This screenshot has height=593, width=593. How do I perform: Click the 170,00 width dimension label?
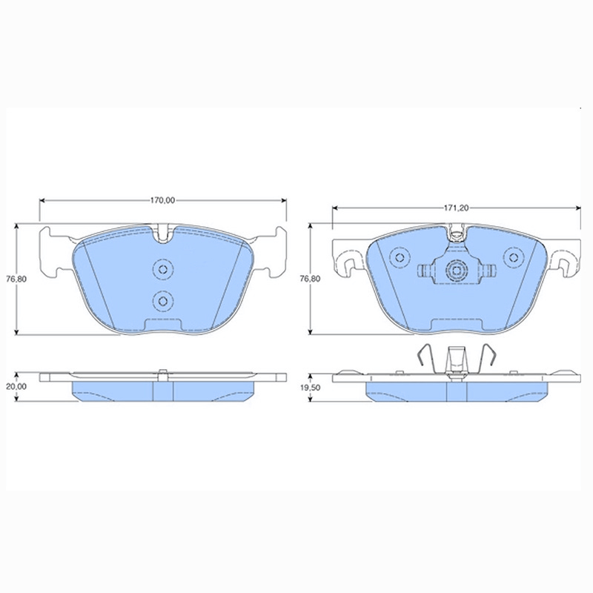[162, 200]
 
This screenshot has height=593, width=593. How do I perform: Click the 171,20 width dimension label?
[457, 208]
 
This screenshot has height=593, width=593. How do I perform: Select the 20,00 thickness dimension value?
[17, 386]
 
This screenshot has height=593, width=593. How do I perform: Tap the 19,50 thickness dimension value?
[310, 388]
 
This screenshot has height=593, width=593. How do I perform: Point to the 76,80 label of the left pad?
[16, 279]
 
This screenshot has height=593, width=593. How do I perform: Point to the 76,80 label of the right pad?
[310, 279]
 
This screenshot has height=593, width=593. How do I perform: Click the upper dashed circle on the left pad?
[163, 269]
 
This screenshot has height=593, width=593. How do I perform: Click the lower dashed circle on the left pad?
[163, 301]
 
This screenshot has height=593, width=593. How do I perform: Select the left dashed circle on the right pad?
[400, 257]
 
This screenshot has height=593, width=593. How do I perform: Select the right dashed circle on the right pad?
[514, 257]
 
